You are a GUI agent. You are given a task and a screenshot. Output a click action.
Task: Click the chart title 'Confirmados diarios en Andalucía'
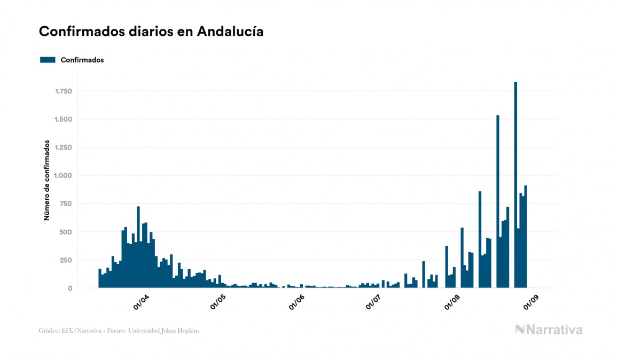(151, 32)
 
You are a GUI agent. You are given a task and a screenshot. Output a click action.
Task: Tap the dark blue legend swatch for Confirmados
(48, 60)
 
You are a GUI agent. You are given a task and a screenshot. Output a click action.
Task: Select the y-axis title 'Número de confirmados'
(46, 181)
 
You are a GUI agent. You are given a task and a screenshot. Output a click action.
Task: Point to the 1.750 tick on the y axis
(63, 91)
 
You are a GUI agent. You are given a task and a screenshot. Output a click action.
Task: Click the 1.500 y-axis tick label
(63, 119)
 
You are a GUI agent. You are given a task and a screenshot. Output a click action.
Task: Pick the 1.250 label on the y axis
(63, 147)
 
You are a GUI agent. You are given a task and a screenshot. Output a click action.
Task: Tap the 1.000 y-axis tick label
(63, 176)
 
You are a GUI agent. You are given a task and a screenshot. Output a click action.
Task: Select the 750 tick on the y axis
(66, 204)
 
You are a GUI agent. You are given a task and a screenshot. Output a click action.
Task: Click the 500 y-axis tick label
(66, 232)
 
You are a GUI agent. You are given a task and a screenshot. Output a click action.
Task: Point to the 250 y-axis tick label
(66, 260)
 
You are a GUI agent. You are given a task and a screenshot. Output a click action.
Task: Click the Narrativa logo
(549, 330)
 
